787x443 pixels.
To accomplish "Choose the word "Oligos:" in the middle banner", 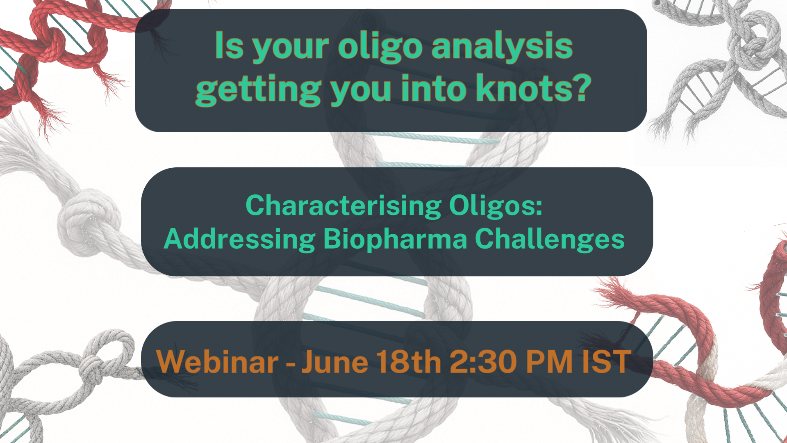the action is pyautogui.click(x=496, y=206).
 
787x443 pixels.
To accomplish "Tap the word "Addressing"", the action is pyautogui.click(x=239, y=239).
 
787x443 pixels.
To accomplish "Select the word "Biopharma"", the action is pyautogui.click(x=395, y=239).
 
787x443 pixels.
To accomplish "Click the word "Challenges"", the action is pyautogui.click(x=550, y=239).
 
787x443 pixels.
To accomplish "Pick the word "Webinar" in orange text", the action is pyautogui.click(x=218, y=361).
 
